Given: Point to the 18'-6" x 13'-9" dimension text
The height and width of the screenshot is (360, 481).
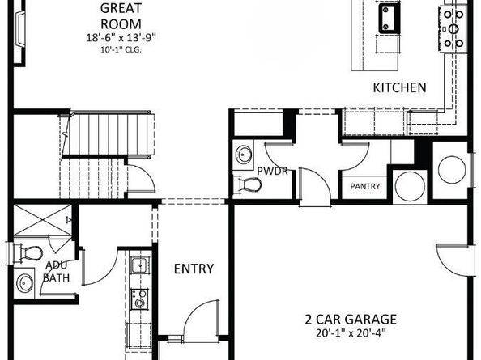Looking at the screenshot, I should point(121,37).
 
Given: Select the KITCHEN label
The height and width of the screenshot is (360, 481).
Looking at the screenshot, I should point(399,87).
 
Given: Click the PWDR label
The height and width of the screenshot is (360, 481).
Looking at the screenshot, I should point(268,171).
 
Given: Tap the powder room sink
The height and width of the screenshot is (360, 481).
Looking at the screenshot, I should point(244,154).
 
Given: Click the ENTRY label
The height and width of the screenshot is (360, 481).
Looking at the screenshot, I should point(194,269).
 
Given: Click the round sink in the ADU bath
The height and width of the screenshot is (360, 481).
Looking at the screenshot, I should point(26,284).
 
